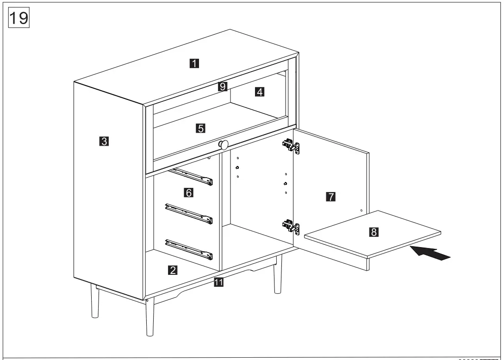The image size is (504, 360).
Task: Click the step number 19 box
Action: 18,18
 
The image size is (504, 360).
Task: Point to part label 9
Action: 223,86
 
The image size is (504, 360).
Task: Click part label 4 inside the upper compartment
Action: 260,92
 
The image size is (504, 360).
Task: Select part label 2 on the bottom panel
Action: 172,270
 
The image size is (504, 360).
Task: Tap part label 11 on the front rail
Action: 219,282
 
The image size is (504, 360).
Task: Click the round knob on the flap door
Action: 224,144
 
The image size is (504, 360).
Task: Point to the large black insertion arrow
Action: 430,254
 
